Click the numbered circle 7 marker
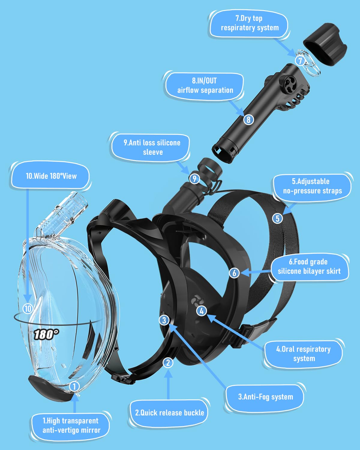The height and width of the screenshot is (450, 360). [x=300, y=61]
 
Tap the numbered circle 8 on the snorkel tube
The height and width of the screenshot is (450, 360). [x=248, y=120]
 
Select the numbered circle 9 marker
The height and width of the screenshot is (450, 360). [x=195, y=179]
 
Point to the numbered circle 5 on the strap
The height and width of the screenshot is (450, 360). [x=277, y=218]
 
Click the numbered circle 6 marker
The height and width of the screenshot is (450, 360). [x=234, y=273]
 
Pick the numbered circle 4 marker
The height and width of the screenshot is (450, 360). [x=202, y=311]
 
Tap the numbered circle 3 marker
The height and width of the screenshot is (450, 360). [x=164, y=320]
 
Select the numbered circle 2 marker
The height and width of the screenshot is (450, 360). [x=168, y=363]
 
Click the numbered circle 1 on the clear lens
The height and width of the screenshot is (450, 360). [x=74, y=386]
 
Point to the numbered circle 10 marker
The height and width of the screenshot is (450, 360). [x=28, y=308]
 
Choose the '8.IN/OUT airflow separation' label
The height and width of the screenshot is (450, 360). [x=205, y=85]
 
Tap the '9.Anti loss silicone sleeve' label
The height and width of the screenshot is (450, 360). [x=152, y=147]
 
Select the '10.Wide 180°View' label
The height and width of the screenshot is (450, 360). [x=51, y=176]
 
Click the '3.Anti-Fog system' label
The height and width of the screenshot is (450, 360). [x=265, y=397]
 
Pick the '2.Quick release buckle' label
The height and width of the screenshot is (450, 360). [x=169, y=413]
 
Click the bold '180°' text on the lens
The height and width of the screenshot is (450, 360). [x=46, y=334]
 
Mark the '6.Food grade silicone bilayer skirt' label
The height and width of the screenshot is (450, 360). [x=309, y=266]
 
